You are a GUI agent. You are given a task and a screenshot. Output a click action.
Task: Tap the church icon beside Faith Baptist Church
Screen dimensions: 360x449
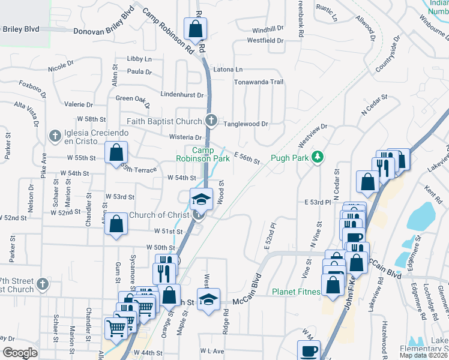[x=211, y=121]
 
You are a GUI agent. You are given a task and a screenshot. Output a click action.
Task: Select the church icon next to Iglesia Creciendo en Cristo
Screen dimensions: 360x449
[x=55, y=136]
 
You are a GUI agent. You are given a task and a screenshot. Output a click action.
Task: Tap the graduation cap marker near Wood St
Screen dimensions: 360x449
[x=201, y=199]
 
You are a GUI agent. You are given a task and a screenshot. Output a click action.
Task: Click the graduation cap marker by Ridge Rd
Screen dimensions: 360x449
[x=208, y=301]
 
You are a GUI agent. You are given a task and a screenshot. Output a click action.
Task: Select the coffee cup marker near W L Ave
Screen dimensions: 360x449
[x=310, y=350]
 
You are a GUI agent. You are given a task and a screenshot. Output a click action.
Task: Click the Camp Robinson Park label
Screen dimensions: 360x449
[x=203, y=155]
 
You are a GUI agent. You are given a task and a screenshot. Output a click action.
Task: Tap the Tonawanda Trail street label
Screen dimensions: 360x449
[x=258, y=82]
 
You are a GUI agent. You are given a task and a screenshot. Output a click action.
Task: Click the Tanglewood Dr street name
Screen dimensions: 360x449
[x=246, y=124]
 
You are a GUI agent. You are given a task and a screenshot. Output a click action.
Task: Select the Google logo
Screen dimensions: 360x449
[x=20, y=353]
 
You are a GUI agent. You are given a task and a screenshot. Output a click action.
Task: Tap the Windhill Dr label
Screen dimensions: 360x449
[x=268, y=29]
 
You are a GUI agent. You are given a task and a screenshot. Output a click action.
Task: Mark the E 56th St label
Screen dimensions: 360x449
[x=246, y=158]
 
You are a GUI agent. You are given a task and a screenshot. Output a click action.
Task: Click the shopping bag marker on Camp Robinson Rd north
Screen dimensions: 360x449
[x=196, y=28]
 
